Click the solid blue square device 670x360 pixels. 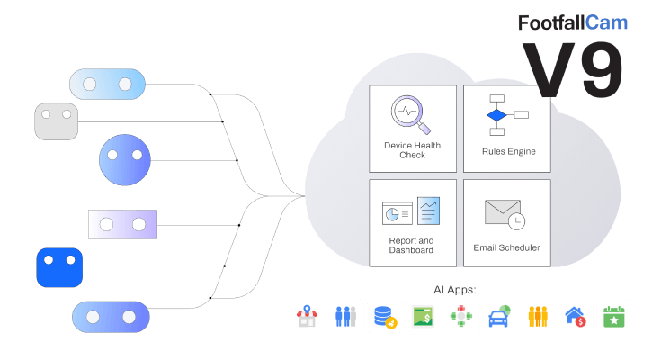tap(59, 267)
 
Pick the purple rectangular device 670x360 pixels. tap(123, 223)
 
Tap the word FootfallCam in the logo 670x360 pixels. tap(572, 23)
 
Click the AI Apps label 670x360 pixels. tap(455, 290)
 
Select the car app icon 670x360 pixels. tap(499, 317)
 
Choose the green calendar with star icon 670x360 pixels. tap(614, 317)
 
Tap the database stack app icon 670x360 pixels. tap(385, 317)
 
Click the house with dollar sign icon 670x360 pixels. tap(576, 317)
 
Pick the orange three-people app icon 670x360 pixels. tap(538, 317)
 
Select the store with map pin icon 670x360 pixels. tap(308, 317)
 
